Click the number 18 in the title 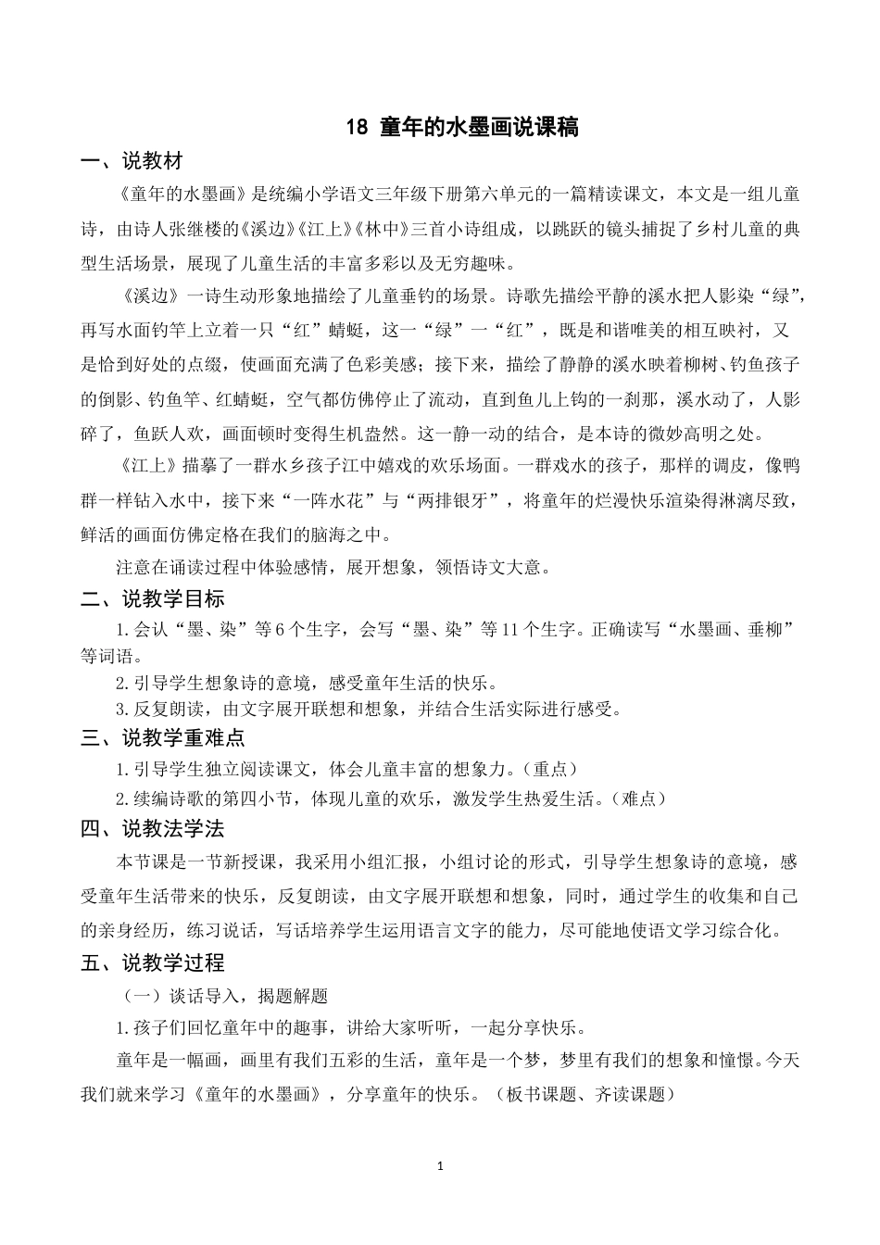[x=357, y=128]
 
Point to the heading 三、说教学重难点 [x=162, y=738]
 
